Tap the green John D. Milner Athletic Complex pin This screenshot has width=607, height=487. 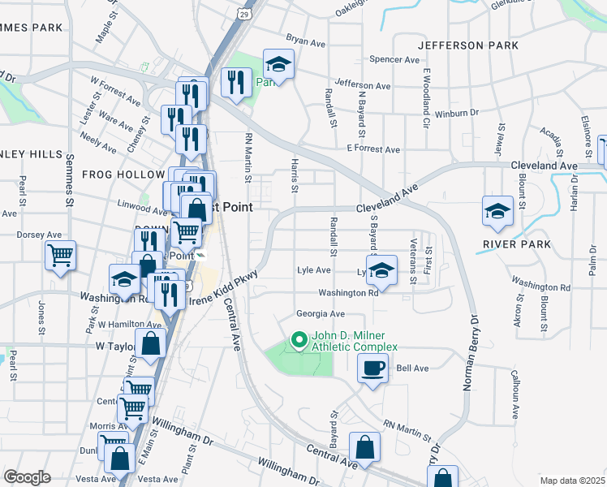(x=299, y=339)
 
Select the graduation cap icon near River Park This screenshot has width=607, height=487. (x=497, y=211)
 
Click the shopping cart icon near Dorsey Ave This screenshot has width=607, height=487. (x=60, y=255)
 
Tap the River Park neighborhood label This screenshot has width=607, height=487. (x=516, y=244)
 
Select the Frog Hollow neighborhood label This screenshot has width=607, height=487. (x=123, y=175)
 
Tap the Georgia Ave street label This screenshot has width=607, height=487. (x=321, y=314)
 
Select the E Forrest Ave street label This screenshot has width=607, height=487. (x=373, y=149)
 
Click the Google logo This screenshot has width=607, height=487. (x=27, y=477)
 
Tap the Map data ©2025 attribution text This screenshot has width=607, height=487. (x=572, y=481)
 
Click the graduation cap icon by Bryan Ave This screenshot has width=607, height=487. (x=278, y=66)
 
